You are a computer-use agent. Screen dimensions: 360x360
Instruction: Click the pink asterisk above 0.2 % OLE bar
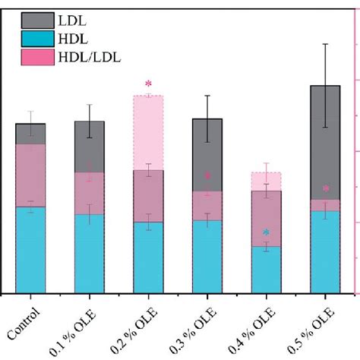click(149, 84)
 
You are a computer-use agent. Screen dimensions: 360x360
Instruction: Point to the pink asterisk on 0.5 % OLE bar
click(326, 189)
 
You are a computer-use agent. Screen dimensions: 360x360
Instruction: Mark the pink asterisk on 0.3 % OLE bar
click(207, 177)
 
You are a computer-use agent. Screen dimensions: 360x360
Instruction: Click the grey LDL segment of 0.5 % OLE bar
click(325, 141)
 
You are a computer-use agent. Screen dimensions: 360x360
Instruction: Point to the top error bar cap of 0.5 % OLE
click(325, 44)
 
